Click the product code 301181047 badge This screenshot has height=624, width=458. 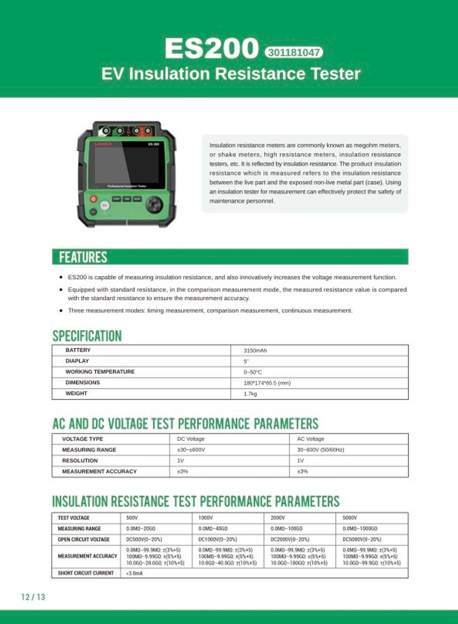pyautogui.click(x=293, y=52)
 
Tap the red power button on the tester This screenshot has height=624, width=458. pyautogui.click(x=93, y=199)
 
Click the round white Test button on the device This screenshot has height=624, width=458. pyautogui.click(x=105, y=205)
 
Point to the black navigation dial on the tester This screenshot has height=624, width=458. pyautogui.click(x=154, y=205)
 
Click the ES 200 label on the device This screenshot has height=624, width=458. pyautogui.click(x=153, y=144)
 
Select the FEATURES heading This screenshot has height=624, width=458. pyautogui.click(x=83, y=257)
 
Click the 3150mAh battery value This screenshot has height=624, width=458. pyautogui.click(x=255, y=350)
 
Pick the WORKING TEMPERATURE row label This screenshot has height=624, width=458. pyautogui.click(x=100, y=372)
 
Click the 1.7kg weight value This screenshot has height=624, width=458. pyautogui.click(x=250, y=394)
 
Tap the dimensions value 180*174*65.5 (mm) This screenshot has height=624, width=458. pyautogui.click(x=267, y=383)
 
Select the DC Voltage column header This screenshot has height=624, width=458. pyautogui.click(x=191, y=439)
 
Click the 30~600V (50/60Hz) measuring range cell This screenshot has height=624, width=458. pyautogui.click(x=320, y=449)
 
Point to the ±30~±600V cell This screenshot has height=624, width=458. pyautogui.click(x=191, y=449)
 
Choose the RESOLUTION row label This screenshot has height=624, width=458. pyautogui.click(x=80, y=461)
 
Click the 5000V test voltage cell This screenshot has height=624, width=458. pyautogui.click(x=350, y=517)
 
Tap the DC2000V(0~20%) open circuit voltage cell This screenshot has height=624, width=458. pyautogui.click(x=290, y=539)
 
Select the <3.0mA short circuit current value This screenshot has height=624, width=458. pyautogui.click(x=135, y=573)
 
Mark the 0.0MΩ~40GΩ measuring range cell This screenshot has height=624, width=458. pyautogui.click(x=213, y=529)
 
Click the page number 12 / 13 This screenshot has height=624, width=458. pyautogui.click(x=33, y=597)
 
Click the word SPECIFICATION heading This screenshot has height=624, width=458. pyautogui.click(x=87, y=336)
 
